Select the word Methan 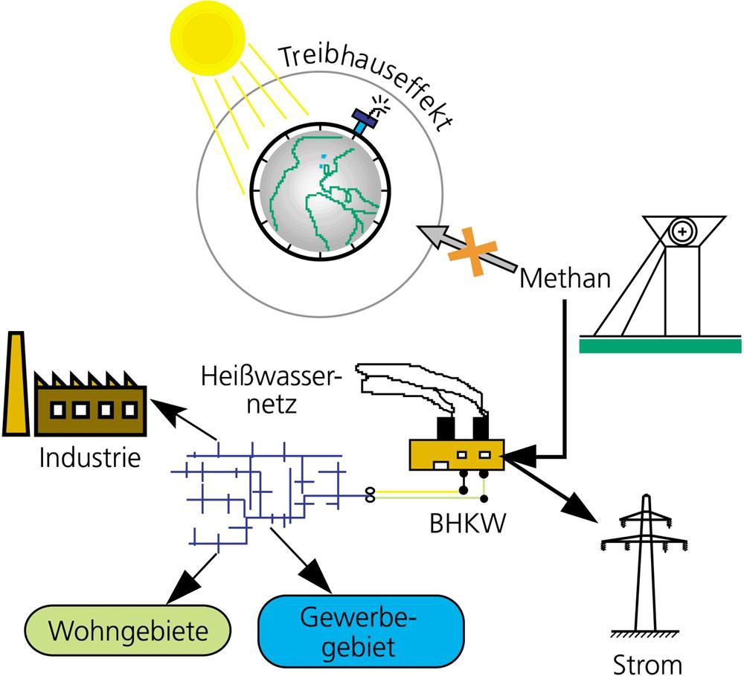(x=565, y=279)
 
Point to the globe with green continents (x=320, y=192)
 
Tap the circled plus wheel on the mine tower (x=681, y=231)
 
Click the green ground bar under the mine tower (x=660, y=345)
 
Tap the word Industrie (x=89, y=457)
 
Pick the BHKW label (x=468, y=523)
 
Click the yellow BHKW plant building (x=456, y=454)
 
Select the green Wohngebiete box (x=128, y=632)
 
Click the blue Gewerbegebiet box (x=360, y=631)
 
